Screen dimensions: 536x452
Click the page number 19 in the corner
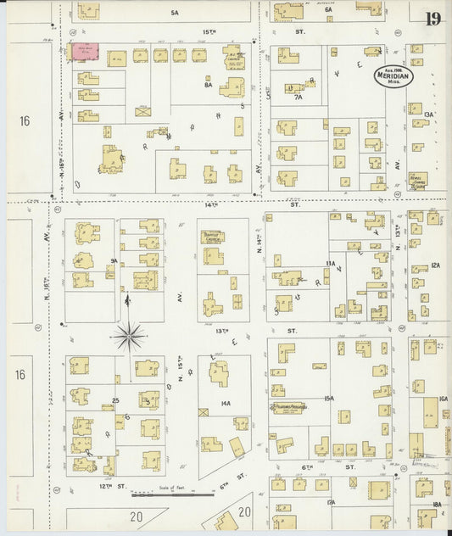pos(432,19)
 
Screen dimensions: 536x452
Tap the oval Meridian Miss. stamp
pos(396,77)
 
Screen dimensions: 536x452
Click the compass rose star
pos(129,337)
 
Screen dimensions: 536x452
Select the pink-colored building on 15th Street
pos(86,53)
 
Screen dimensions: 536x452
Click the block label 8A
pos(208,85)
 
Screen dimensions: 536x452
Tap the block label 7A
pos(298,98)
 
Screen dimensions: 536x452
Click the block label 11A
pos(331,265)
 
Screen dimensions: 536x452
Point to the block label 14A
pos(226,404)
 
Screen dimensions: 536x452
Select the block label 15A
pos(329,398)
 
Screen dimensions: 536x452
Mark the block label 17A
pos(331,503)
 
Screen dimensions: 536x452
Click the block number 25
pos(114,399)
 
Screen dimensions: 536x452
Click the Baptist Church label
pos(212,237)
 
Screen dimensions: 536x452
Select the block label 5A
pos(175,14)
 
